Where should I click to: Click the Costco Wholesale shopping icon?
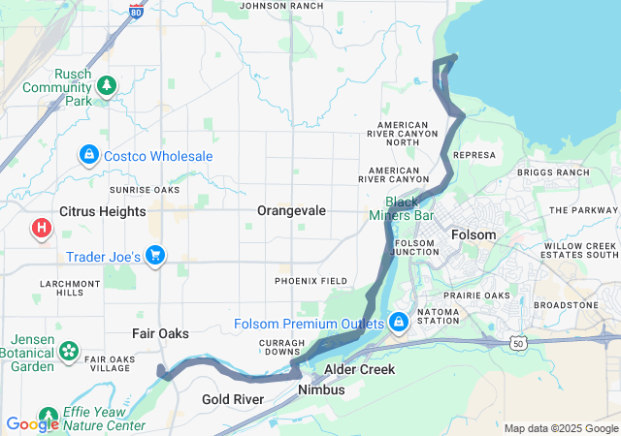(88, 155)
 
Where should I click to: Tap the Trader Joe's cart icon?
(154, 256)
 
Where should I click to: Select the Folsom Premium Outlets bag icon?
(399, 322)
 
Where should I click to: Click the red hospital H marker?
(42, 229)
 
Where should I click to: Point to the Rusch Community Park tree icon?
(106, 86)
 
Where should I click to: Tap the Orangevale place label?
(291, 210)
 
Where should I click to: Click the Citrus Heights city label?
(102, 211)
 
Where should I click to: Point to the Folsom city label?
(474, 235)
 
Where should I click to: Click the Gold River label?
(234, 399)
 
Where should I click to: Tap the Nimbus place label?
(321, 389)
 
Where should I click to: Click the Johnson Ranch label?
(280, 6)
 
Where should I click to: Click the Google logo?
(31, 423)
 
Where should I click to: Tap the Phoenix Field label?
(310, 281)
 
